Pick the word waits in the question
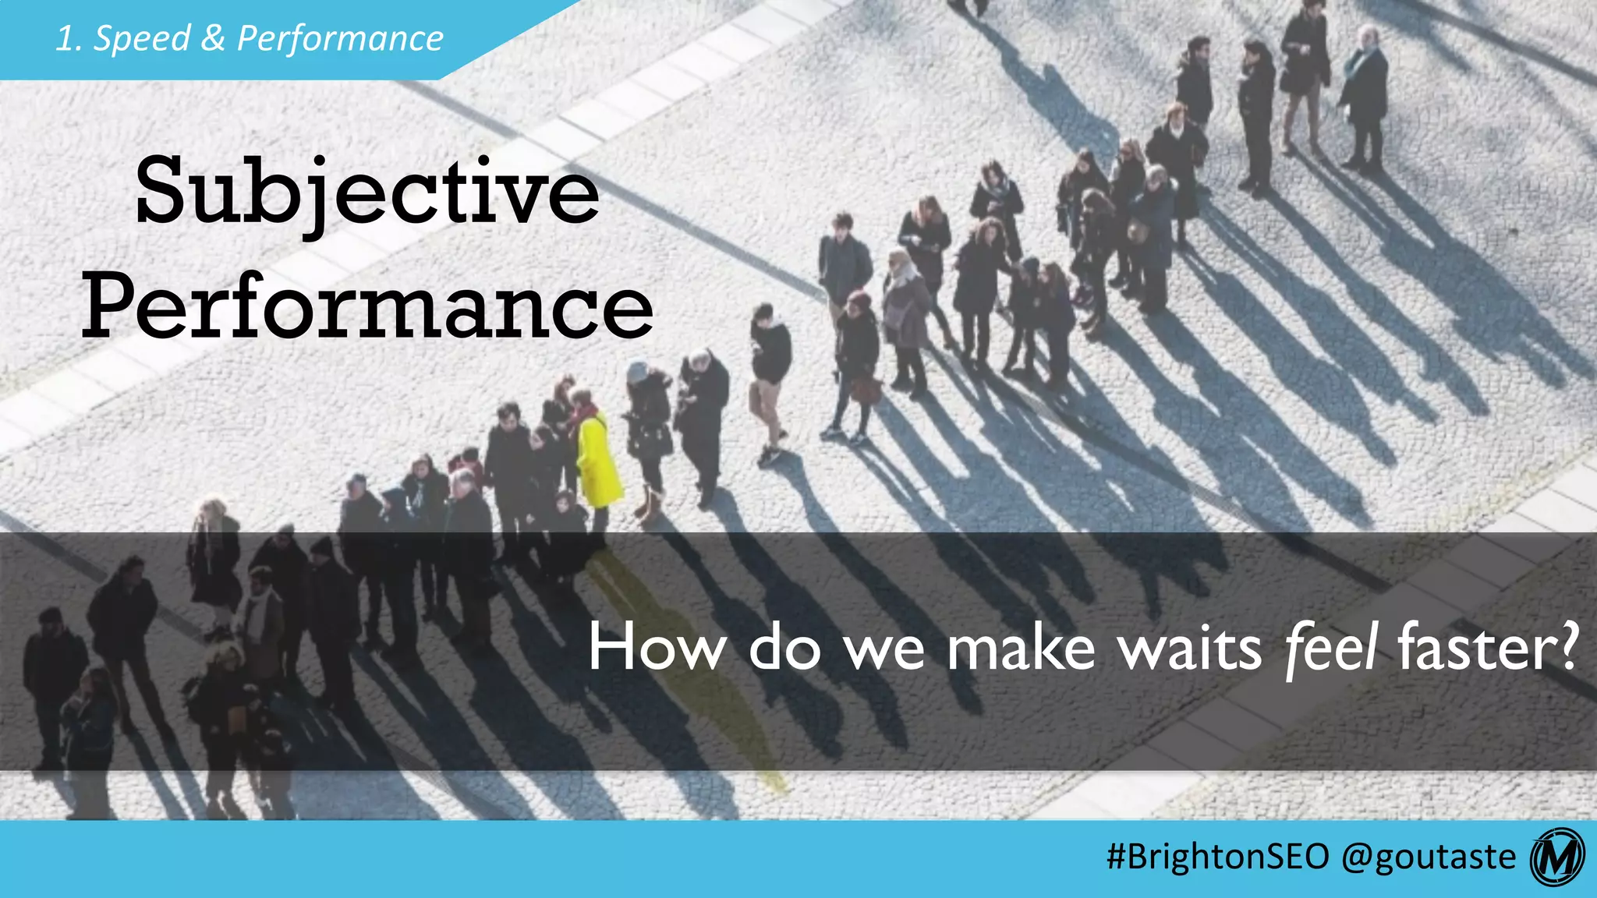point(1190,649)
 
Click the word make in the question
point(1022,649)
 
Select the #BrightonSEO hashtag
point(1217,857)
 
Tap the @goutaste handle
point(1429,857)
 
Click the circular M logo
point(1558,857)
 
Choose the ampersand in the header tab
point(213,38)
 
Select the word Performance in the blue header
point(340,38)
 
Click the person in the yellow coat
point(597,460)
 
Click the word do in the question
point(784,649)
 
